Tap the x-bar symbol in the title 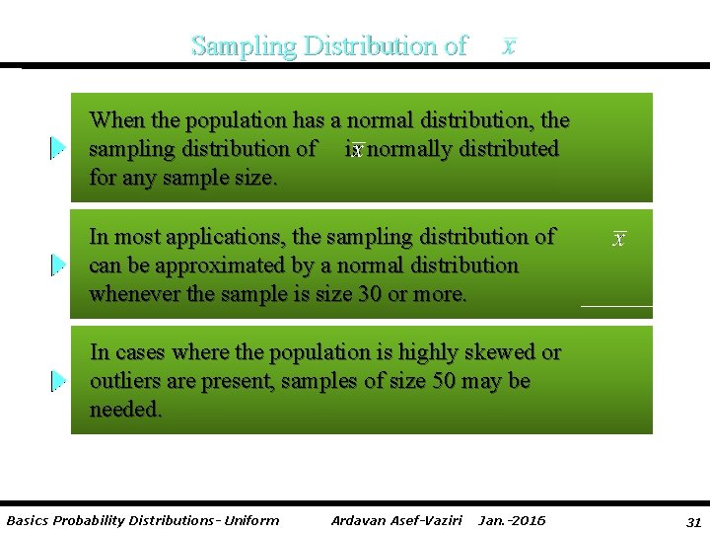point(508,45)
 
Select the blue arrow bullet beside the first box point(58,148)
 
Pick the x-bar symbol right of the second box point(619,239)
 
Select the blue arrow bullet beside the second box point(58,265)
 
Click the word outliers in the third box point(123,381)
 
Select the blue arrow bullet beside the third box point(58,381)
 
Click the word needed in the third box point(125,410)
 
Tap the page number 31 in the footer point(693,520)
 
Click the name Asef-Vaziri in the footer point(423,520)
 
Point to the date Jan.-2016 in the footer point(511,520)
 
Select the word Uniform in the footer point(251,520)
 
